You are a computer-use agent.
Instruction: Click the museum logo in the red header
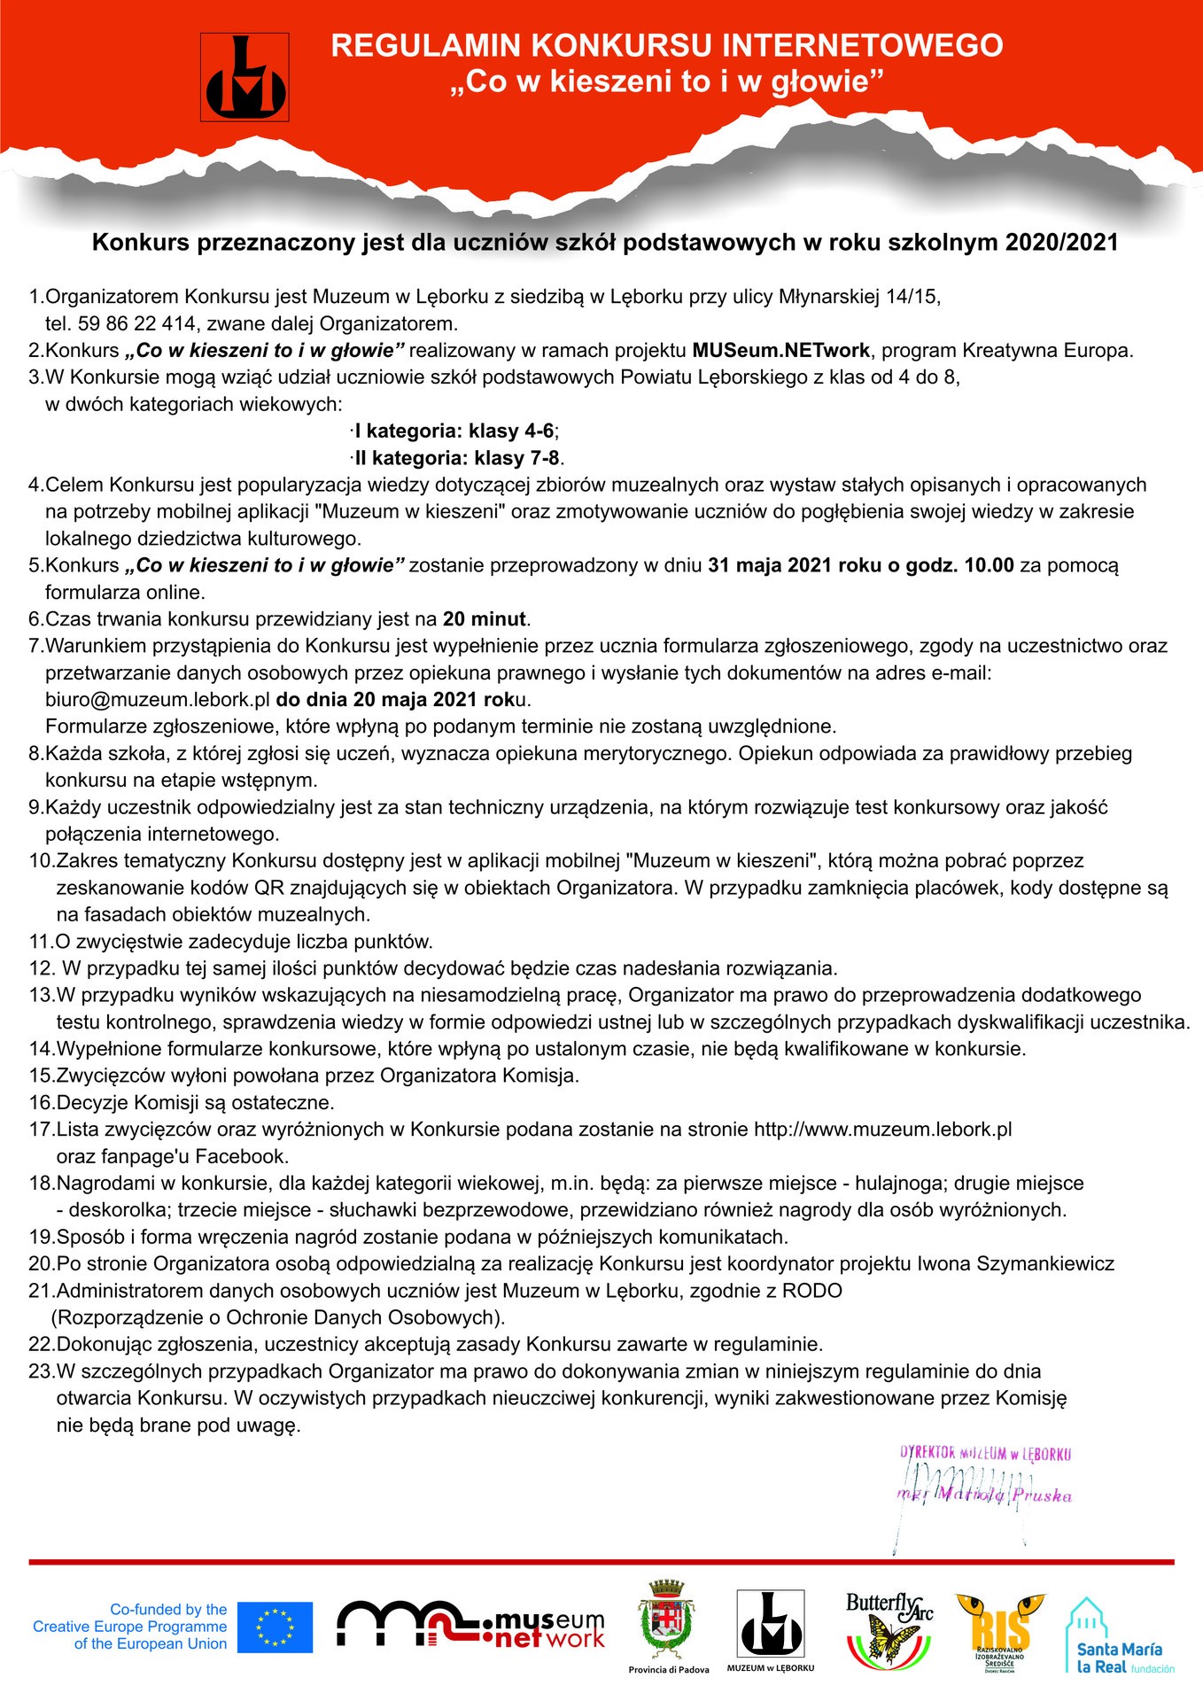tap(245, 77)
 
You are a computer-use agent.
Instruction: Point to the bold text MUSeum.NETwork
tap(780, 350)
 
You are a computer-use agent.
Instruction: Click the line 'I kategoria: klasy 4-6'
tap(454, 431)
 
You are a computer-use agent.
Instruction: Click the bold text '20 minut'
tap(484, 619)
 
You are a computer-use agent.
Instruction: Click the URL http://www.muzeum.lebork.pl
tap(882, 1130)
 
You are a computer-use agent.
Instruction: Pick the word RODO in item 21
tap(812, 1291)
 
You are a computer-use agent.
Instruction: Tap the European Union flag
tap(281, 1627)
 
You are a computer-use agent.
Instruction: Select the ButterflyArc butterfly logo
tap(889, 1629)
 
